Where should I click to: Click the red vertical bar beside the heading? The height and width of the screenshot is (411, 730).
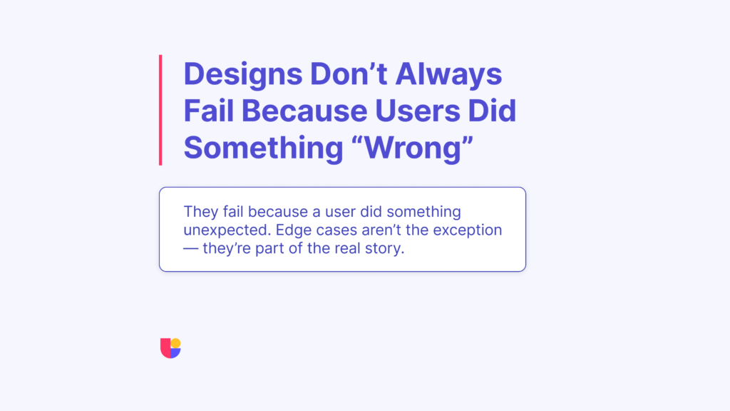pos(160,110)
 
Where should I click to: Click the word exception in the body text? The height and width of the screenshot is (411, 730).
pos(471,231)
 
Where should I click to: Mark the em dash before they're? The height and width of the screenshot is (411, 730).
pos(192,250)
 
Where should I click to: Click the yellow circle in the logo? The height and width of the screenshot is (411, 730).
pos(175,343)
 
